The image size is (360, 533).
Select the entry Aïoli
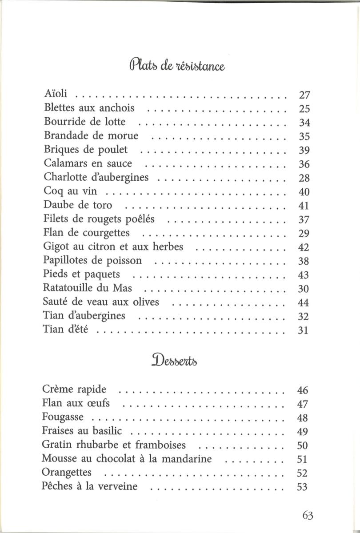point(56,94)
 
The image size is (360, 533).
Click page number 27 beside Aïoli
point(304,95)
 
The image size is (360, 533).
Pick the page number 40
point(304,192)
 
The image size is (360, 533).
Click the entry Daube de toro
point(78,205)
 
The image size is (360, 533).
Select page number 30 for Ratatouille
point(303,289)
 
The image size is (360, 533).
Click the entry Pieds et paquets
point(82,274)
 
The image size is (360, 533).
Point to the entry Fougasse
point(63,418)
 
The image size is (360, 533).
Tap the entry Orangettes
point(67,472)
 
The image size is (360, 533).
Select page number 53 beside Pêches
point(302,487)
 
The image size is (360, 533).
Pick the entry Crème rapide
point(74,390)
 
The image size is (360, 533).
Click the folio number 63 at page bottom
point(308,515)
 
